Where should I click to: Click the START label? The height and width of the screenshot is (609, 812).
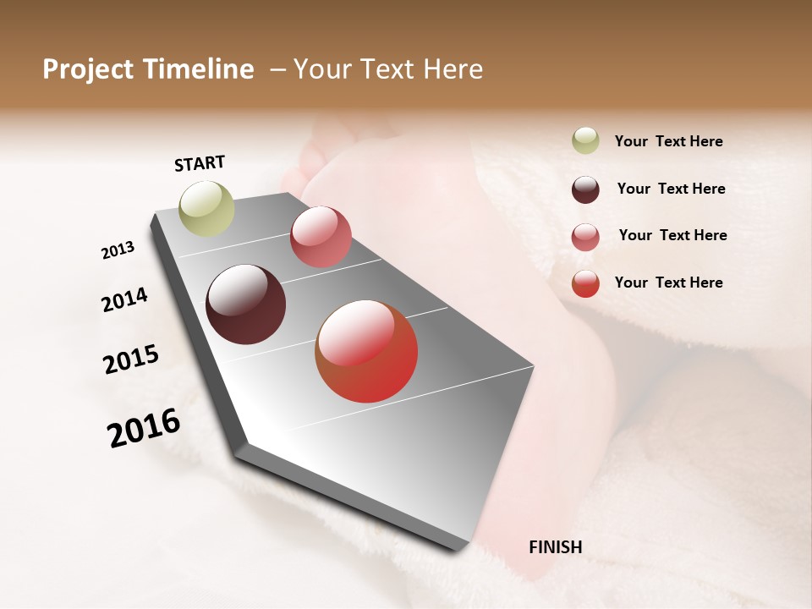point(200,163)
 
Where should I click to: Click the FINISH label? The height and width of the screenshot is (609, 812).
point(555,547)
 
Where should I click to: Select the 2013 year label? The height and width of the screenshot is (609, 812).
point(118,250)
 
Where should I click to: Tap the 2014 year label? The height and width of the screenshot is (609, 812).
point(124,299)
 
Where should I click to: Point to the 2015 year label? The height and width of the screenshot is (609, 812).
point(131,359)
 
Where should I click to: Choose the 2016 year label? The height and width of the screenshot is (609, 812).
point(144,428)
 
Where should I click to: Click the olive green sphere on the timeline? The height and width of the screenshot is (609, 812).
point(206,208)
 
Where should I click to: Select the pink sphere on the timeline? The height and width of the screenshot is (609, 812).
point(321,236)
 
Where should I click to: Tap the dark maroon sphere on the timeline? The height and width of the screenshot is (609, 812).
point(245,304)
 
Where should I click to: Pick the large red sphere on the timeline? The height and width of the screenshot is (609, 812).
point(366,351)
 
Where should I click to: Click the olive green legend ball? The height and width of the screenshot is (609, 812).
point(585,140)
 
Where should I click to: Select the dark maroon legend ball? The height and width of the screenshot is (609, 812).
point(585,189)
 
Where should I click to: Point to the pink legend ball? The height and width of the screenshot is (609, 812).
point(585,236)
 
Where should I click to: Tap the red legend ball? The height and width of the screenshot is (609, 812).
point(585,283)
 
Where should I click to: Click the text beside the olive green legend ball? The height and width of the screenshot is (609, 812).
point(668,141)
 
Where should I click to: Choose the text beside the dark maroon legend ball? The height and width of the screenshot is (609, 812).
point(671,189)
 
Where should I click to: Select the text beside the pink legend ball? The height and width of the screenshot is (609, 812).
point(672,235)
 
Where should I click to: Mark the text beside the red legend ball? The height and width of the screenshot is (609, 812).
point(668,283)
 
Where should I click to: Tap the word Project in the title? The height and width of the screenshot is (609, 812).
point(89,69)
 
